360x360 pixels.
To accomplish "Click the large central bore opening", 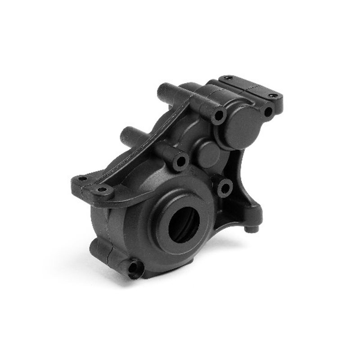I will click(184, 224).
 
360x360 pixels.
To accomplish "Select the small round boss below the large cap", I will click(207, 154).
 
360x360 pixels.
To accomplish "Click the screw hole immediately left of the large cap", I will click(219, 115).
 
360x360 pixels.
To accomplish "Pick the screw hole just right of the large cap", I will click(268, 111).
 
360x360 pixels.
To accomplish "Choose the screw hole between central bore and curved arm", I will click(225, 188).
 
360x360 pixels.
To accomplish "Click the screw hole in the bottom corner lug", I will click(134, 269).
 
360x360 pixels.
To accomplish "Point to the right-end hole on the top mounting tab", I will click(273, 95).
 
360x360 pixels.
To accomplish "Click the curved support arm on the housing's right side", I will click(245, 180).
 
